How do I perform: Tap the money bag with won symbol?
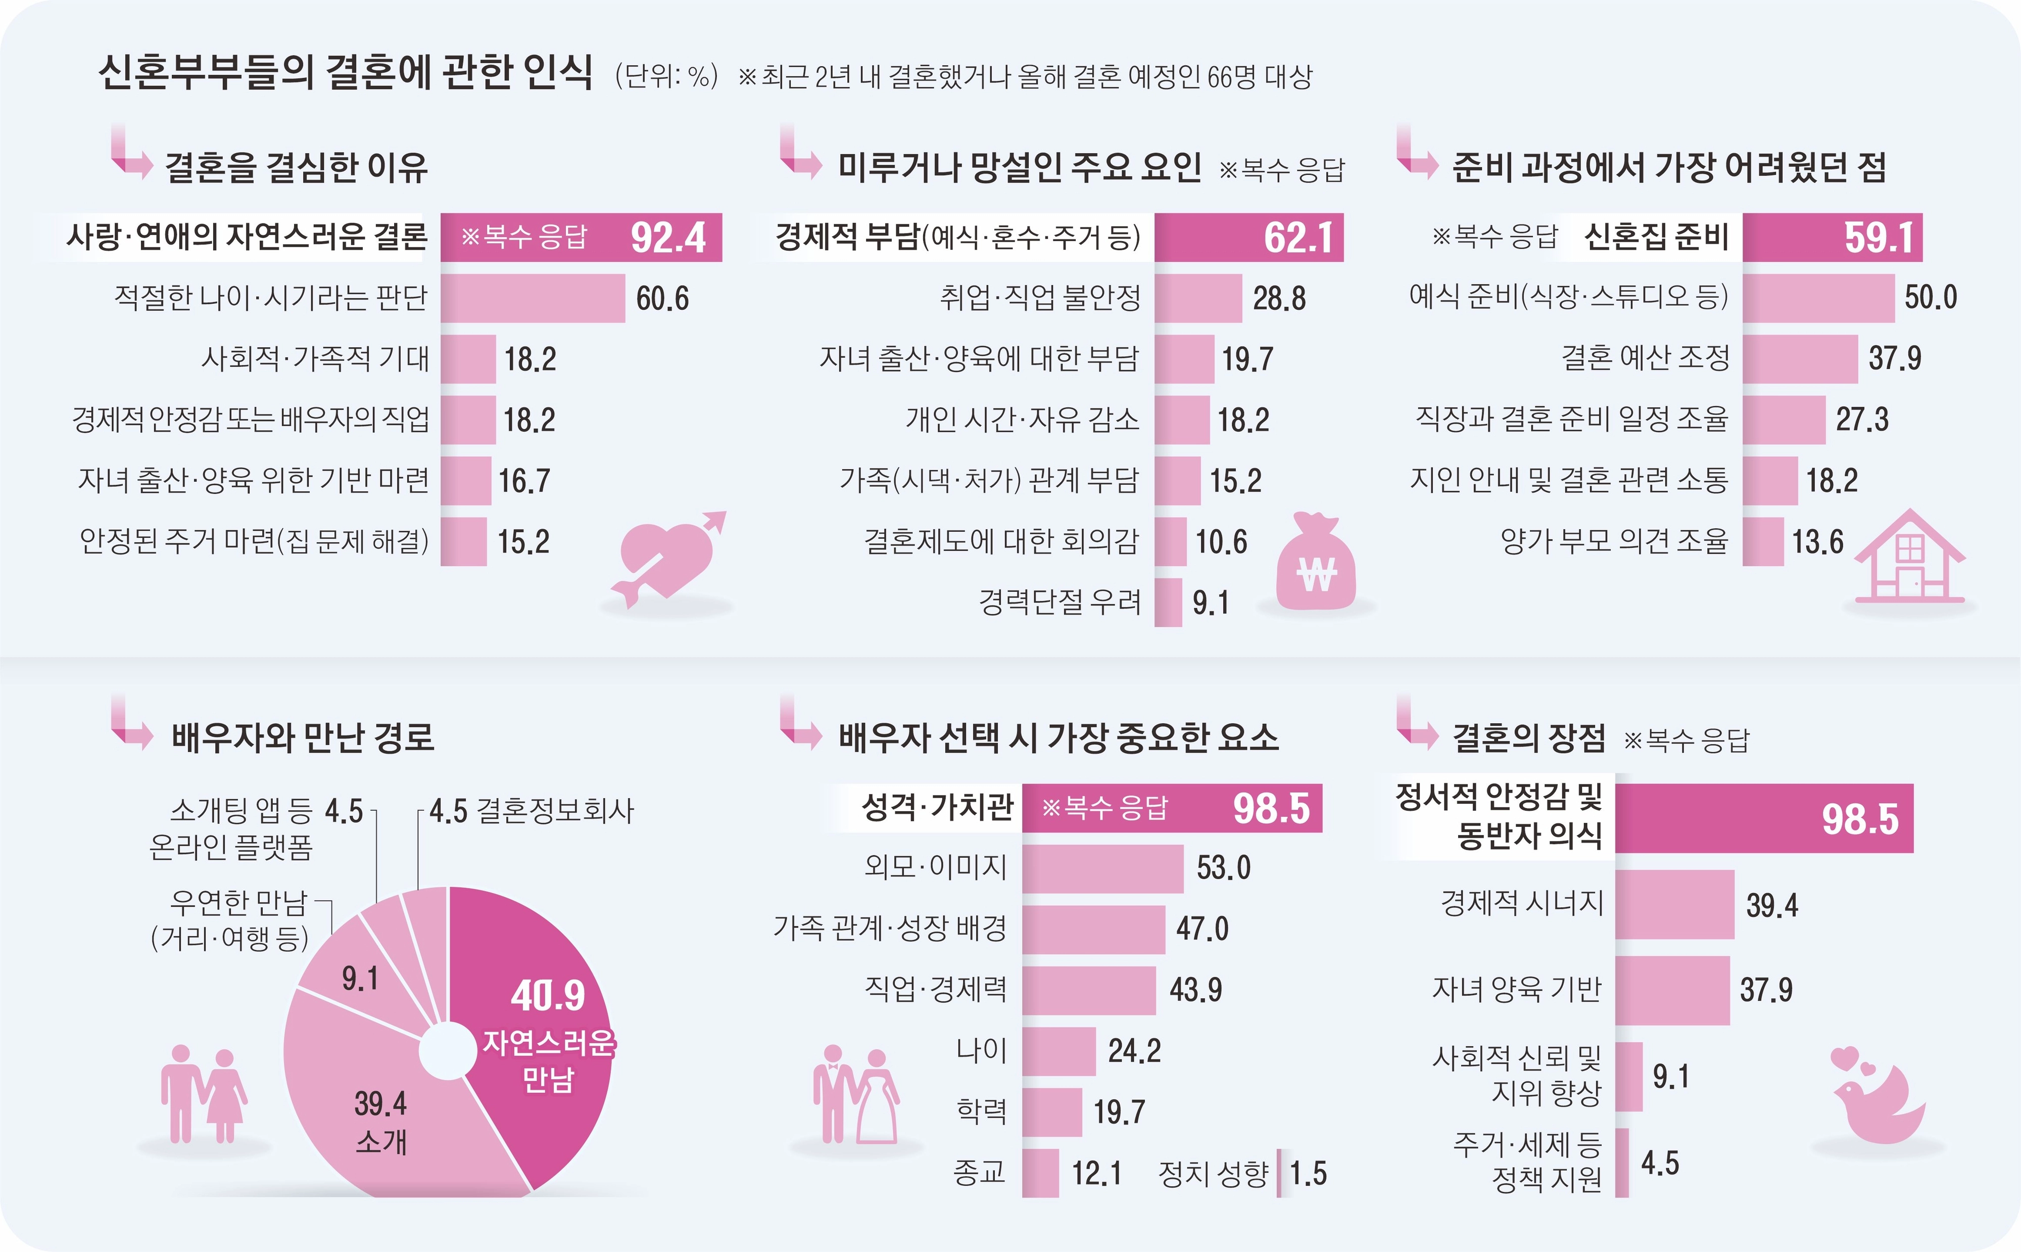click(1316, 563)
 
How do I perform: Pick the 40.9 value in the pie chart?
click(547, 995)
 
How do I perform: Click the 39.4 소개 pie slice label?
click(380, 1122)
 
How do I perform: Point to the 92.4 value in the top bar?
click(668, 238)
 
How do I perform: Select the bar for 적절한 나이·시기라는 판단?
click(532, 298)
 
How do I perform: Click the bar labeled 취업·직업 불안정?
click(1197, 298)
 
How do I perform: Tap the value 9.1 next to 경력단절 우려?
click(1210, 603)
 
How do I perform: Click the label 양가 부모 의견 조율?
click(1614, 541)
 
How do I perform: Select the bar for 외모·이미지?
click(1102, 868)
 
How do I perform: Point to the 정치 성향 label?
click(1213, 1173)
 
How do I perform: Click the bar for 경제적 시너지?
click(1673, 904)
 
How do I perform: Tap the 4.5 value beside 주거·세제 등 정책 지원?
click(1659, 1163)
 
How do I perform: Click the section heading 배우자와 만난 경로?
click(303, 737)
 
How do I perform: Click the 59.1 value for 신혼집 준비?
click(1879, 238)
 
